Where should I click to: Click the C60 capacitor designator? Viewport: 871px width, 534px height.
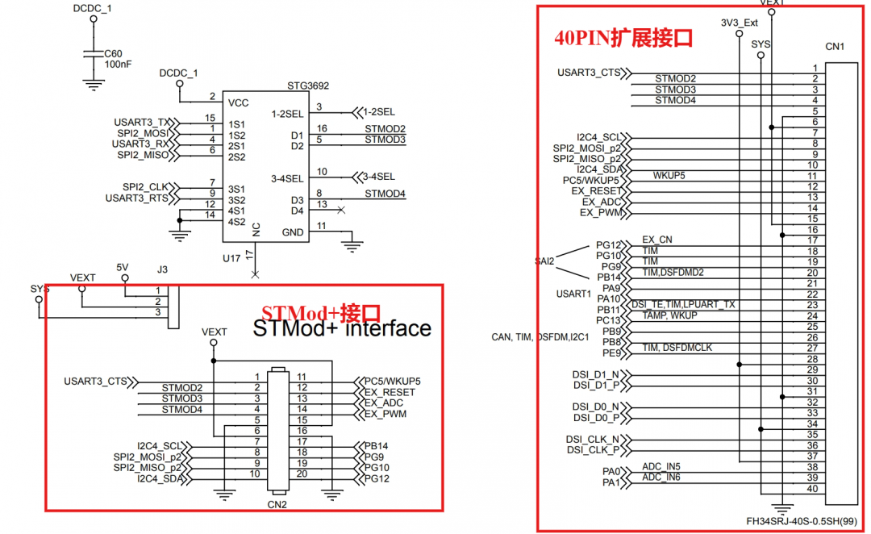pyautogui.click(x=113, y=54)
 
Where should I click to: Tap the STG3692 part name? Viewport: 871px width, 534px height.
pyautogui.click(x=308, y=86)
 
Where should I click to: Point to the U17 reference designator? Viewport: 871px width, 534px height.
pyautogui.click(x=232, y=259)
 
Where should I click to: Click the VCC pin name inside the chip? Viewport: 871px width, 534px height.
pyautogui.click(x=239, y=103)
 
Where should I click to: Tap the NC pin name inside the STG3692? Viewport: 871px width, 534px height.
pyautogui.click(x=256, y=229)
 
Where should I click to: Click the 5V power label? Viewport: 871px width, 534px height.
pyautogui.click(x=123, y=267)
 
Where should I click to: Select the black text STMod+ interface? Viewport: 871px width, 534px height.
pyautogui.click(x=342, y=329)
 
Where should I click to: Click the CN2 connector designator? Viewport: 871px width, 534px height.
pyautogui.click(x=277, y=506)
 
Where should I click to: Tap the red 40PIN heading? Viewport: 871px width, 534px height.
pyautogui.click(x=623, y=37)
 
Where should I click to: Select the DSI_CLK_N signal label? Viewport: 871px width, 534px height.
pyautogui.click(x=594, y=439)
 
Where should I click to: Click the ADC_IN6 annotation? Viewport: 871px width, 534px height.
pyautogui.click(x=661, y=478)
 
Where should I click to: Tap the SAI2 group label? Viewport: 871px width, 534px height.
pyautogui.click(x=544, y=261)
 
